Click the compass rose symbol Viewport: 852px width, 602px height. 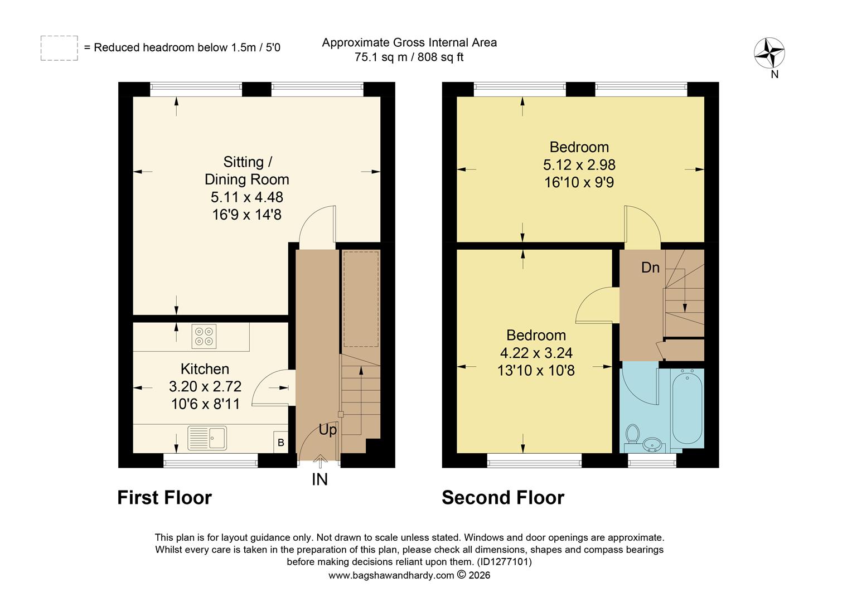tap(769, 54)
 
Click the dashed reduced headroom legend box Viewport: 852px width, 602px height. tap(59, 48)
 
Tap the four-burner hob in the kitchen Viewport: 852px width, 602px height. tap(204, 336)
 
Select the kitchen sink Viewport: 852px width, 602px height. tap(207, 438)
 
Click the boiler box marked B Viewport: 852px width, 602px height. tap(281, 443)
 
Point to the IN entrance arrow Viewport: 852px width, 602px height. tap(320, 462)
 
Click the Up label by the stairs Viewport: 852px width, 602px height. tap(328, 430)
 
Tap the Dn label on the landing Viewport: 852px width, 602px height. tap(650, 268)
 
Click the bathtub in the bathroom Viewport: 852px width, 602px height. tap(688, 407)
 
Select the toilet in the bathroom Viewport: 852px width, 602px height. tap(632, 434)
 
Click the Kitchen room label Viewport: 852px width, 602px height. tap(205, 369)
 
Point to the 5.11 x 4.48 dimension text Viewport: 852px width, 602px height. tap(246, 197)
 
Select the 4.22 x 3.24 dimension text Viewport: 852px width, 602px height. tap(536, 353)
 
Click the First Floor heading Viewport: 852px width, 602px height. tap(164, 497)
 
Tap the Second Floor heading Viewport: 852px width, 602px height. tap(503, 497)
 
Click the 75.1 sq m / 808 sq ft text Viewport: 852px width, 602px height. tap(409, 57)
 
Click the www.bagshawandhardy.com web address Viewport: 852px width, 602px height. tap(391, 575)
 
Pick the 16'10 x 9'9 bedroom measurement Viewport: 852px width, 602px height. tap(579, 182)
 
